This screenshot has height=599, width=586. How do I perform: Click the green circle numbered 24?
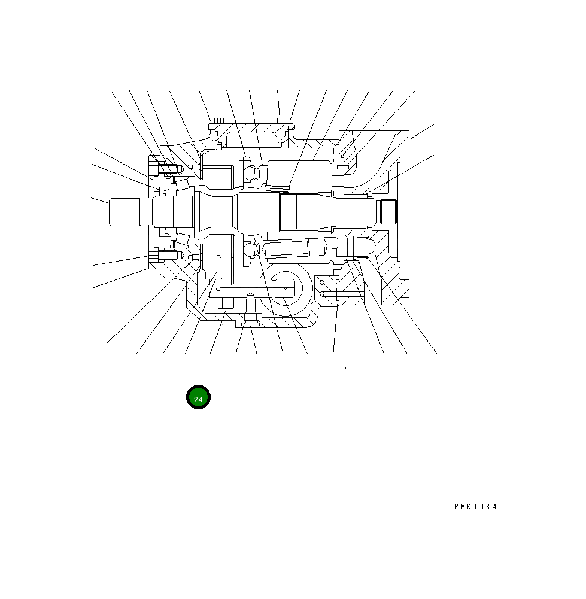coord(198,399)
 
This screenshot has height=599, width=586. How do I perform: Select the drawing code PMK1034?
coord(475,507)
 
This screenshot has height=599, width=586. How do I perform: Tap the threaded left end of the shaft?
coord(123,212)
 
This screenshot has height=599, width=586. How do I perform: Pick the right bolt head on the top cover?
coord(284,122)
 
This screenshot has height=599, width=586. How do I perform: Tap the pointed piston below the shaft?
coord(296,248)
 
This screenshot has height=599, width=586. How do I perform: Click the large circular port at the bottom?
coord(289,289)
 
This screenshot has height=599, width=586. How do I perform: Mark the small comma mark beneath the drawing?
coord(345,369)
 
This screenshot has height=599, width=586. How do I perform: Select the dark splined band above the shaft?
coord(276,189)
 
